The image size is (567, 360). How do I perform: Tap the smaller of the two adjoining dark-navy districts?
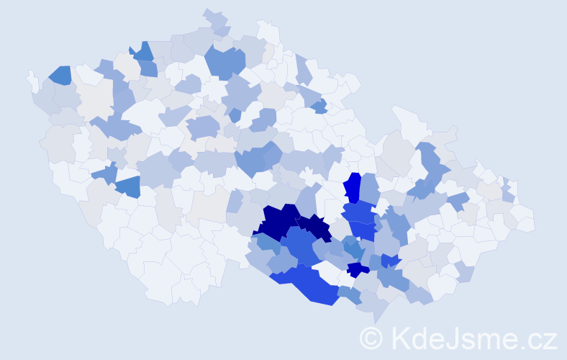pyautogui.click(x=314, y=227)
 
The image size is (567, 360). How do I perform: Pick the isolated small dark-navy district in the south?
pyautogui.click(x=357, y=270)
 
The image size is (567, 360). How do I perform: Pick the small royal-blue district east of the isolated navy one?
pyautogui.click(x=391, y=261)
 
